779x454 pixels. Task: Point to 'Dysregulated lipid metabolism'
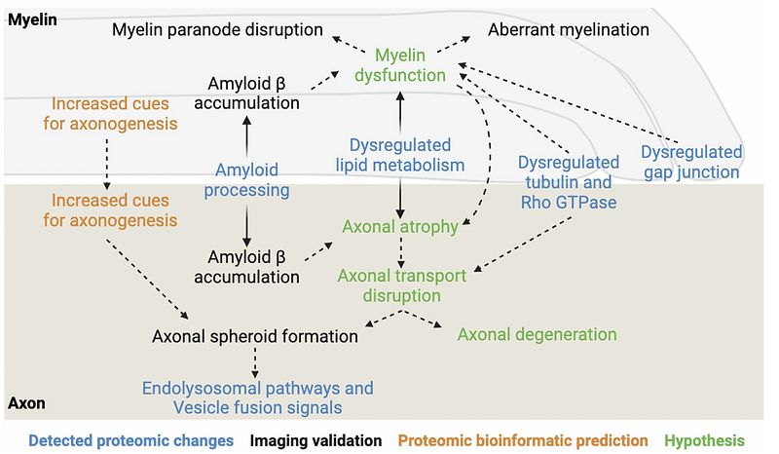coord(400,155)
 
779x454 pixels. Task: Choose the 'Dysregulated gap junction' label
coord(691,162)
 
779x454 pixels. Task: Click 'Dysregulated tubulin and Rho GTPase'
coord(568,181)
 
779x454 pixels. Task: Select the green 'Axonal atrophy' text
coord(400,226)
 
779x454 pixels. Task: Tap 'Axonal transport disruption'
coord(402,284)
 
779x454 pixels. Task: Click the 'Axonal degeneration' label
coord(537,333)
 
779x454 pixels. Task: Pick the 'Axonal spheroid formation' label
coord(256,336)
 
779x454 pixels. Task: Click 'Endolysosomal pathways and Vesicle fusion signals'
coord(257,397)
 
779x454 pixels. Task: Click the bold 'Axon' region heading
coord(25,401)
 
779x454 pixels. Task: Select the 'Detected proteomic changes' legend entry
coord(130,440)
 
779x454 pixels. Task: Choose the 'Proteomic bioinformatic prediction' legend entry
coord(524,440)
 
